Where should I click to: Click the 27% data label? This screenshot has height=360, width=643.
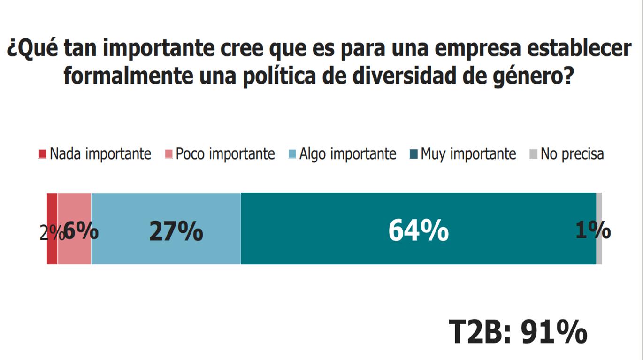tap(176, 231)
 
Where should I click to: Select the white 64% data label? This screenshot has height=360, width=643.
tap(418, 231)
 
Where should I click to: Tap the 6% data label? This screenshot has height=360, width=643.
tap(81, 231)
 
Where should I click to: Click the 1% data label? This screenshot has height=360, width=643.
tap(592, 230)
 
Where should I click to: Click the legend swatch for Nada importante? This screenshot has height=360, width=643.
tap(43, 154)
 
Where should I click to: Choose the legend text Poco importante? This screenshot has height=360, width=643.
tap(225, 154)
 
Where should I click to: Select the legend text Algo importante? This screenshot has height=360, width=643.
tap(348, 154)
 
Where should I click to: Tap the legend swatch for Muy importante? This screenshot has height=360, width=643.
tap(413, 154)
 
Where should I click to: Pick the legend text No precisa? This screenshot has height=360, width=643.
tap(572, 154)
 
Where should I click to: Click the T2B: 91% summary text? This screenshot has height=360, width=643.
tap(518, 332)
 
